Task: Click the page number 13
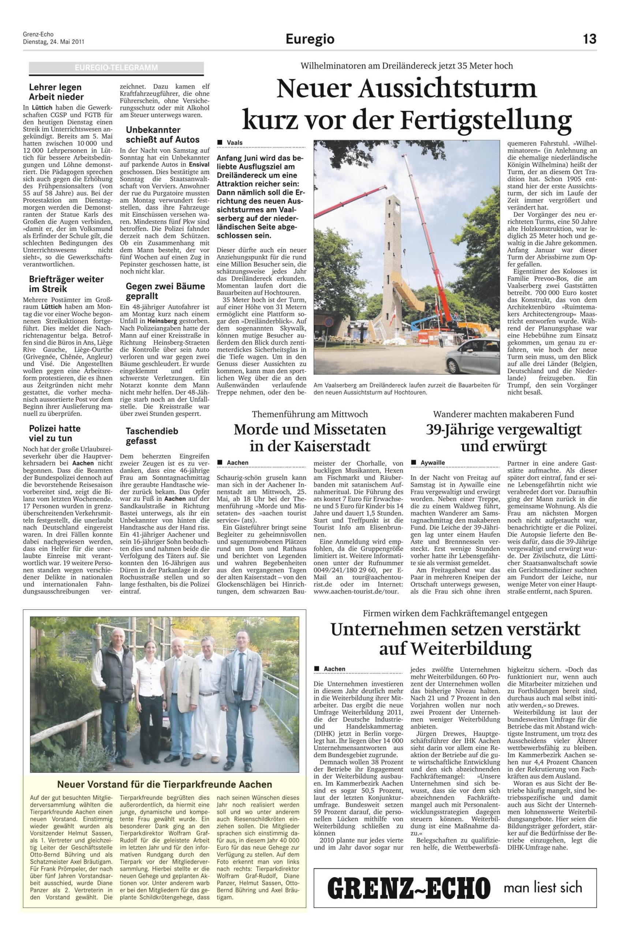589,39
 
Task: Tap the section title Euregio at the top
310,39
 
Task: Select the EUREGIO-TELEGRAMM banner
116,68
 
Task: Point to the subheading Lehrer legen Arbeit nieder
56,92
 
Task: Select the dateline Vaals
235,143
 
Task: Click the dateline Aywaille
432,463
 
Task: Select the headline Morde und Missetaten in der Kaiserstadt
310,437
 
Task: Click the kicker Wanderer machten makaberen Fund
503,414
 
